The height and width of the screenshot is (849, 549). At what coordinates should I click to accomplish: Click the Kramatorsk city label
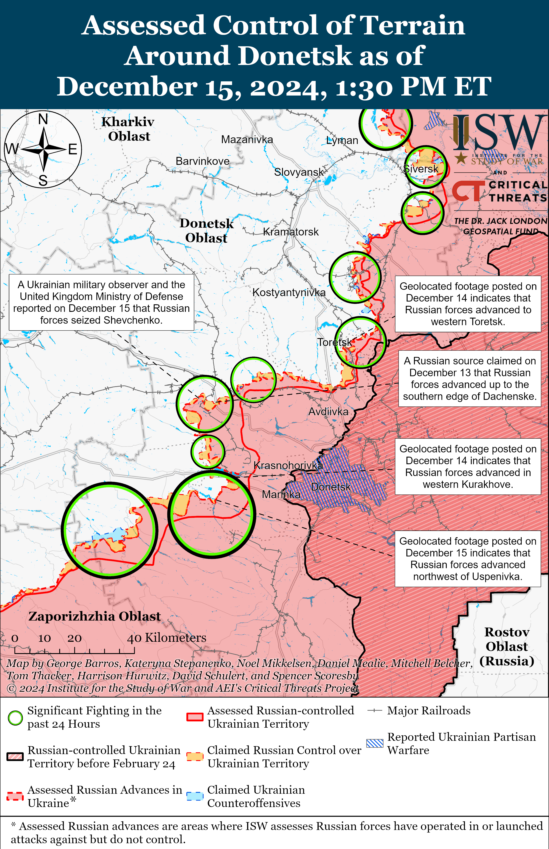pos(291,232)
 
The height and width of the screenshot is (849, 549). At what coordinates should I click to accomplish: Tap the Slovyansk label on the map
pos(299,172)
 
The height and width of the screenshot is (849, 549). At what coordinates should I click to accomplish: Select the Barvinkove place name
pos(203,161)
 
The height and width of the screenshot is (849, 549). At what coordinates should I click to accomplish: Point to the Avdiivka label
pos(328,412)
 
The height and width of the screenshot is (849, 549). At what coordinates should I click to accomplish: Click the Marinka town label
pos(281,495)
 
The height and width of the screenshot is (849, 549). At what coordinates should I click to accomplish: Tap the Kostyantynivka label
pos(289,292)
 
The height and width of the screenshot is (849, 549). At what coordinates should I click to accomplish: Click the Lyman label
pos(342,140)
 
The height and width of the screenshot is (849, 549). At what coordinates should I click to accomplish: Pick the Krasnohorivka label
pos(288,465)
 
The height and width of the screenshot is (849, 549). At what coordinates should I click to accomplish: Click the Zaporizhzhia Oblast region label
pos(95,616)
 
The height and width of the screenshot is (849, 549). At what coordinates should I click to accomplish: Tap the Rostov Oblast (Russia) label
pos(507,647)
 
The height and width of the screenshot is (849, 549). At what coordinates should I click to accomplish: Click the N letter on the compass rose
pos(43,119)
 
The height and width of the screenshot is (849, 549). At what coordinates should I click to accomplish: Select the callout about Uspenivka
pos(468,559)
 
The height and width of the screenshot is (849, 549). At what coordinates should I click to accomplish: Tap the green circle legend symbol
pos(15,718)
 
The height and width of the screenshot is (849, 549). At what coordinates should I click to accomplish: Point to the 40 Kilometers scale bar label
pos(166,638)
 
